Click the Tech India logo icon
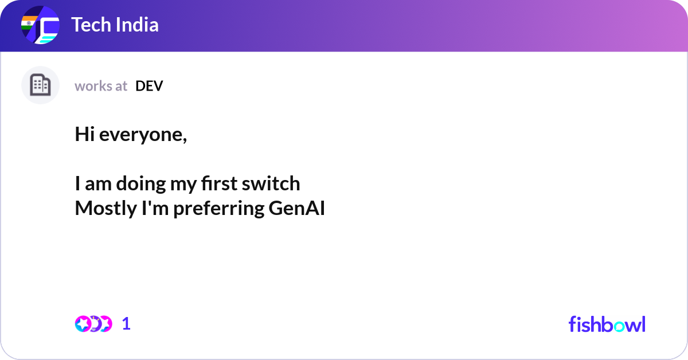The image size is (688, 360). point(40,26)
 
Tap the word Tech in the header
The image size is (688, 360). point(88,25)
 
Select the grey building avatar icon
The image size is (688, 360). point(40,85)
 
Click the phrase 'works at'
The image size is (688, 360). point(101,86)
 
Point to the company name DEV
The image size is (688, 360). point(149,86)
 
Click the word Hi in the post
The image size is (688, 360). point(84,135)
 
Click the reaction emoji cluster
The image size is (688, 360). point(93,324)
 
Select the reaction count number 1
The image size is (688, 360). point(127,324)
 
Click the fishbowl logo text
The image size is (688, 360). point(607,324)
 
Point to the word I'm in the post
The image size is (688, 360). point(154,209)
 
